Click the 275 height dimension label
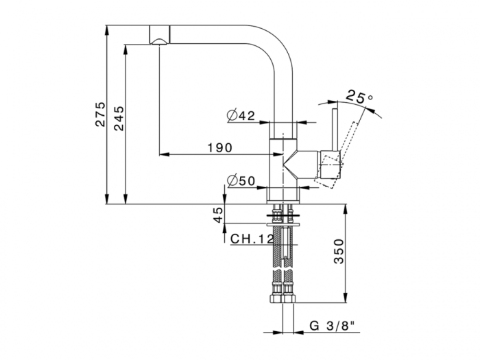100,114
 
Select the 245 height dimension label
117,114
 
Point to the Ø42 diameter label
241,116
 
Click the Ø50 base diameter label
241,181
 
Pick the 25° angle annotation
360,97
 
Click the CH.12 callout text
252,239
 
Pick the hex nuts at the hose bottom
283,296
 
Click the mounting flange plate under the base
283,221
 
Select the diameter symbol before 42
232,116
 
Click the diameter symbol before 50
232,181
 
